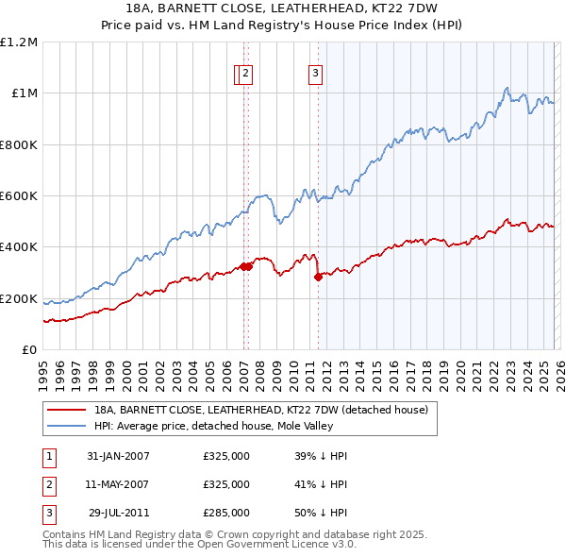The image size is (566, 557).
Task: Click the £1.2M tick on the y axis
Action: point(19,42)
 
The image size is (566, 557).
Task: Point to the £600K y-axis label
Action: point(19,196)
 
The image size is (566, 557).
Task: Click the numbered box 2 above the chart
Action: point(245,76)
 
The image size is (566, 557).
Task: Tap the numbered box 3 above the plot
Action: point(315,76)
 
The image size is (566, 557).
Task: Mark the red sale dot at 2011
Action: point(318,277)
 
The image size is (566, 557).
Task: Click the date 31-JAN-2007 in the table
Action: point(118,456)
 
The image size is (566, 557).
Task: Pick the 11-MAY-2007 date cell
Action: point(118,484)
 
